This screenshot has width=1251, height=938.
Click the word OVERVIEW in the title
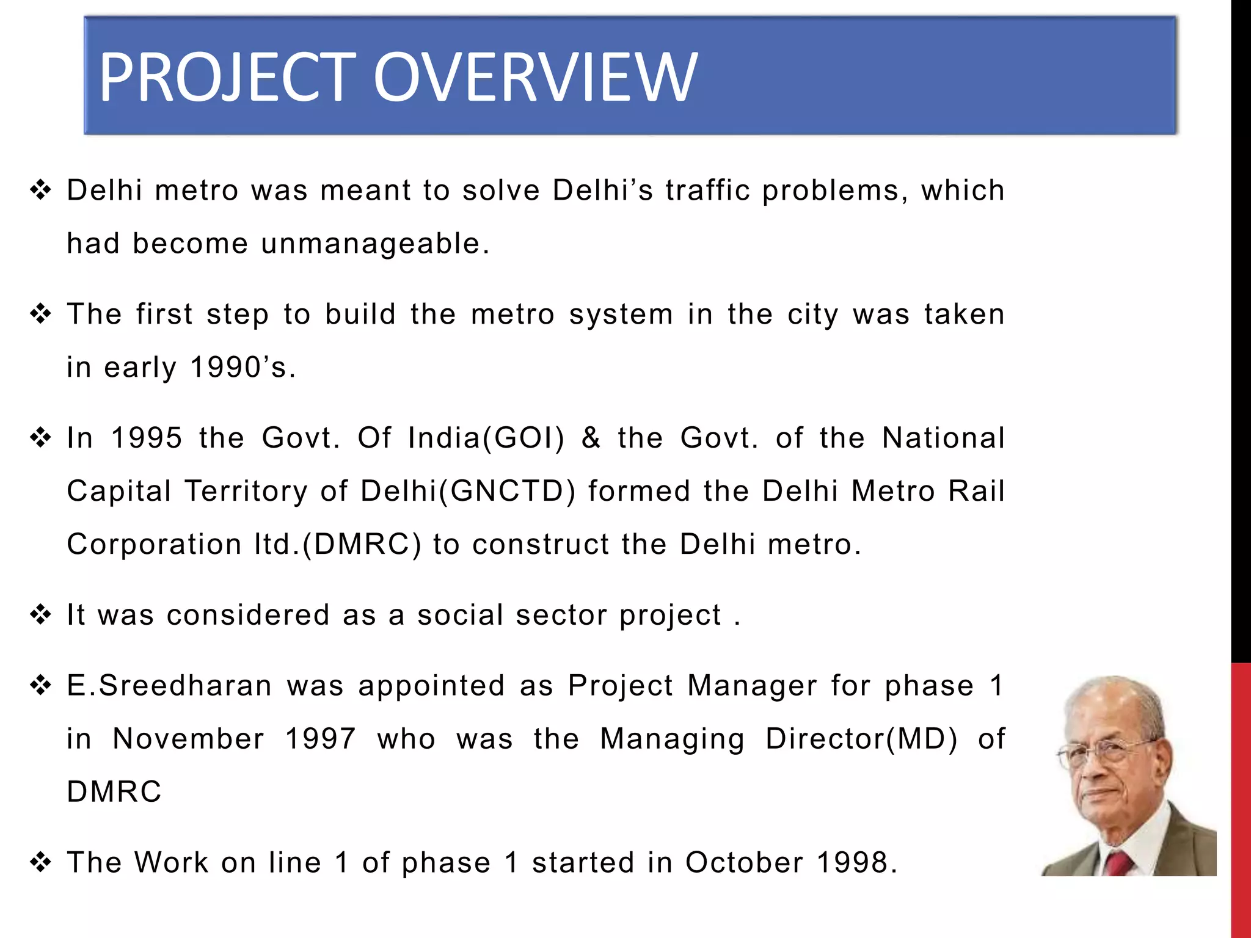tap(534, 77)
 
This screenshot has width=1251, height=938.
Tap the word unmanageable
tap(375, 244)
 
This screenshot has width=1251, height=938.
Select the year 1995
tap(147, 438)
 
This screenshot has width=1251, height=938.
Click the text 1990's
tap(243, 368)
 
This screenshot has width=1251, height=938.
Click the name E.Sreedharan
tap(169, 685)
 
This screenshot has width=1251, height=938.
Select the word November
tap(189, 738)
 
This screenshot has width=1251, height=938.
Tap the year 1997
tap(321, 738)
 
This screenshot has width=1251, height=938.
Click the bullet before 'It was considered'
tap(40, 614)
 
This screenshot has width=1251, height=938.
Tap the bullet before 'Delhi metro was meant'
tap(40, 190)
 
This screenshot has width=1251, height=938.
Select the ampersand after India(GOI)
tap(591, 438)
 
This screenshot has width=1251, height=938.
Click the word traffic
tap(707, 190)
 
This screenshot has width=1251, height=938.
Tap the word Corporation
tap(154, 544)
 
